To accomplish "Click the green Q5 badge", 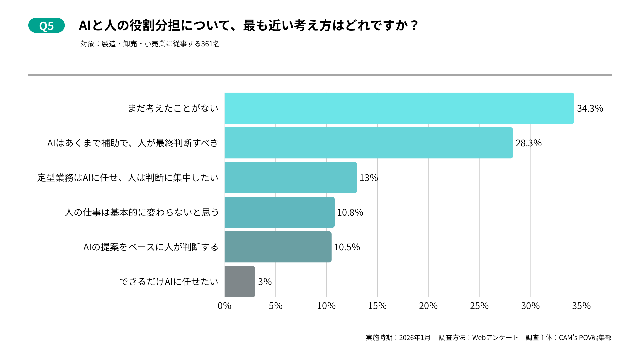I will point(46,26).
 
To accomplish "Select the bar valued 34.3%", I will point(399,108).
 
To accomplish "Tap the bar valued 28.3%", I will point(368,143).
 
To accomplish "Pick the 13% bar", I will point(291,178).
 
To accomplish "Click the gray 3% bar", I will point(240,282).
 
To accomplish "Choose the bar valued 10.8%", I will point(279,212).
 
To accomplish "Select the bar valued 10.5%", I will point(278,247).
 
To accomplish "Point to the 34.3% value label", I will point(590,109).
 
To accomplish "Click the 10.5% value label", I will point(347,247).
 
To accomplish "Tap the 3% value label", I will point(265,282).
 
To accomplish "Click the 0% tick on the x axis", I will point(224,306).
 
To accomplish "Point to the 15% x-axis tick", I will point(377,306).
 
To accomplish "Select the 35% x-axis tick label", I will point(581,306).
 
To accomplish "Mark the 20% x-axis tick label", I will point(428,306).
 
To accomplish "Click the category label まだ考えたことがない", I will point(173,108).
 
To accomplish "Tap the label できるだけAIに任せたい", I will point(169,282).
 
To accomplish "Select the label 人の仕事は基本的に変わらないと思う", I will point(142,212).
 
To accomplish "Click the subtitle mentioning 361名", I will point(150,44).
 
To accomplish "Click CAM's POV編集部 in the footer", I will point(585,338).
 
